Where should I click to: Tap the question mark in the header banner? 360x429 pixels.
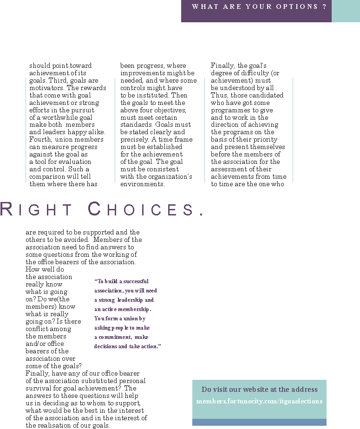[x=324, y=6]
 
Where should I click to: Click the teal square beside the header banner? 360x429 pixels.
[x=346, y=11]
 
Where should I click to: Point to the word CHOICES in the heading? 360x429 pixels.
[x=142, y=210]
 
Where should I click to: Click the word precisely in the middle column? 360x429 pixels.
[x=136, y=140]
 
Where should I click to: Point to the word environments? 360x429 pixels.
[x=143, y=184]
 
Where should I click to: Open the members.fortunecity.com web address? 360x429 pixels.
[x=259, y=401]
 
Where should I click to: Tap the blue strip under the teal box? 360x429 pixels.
[x=259, y=422]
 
